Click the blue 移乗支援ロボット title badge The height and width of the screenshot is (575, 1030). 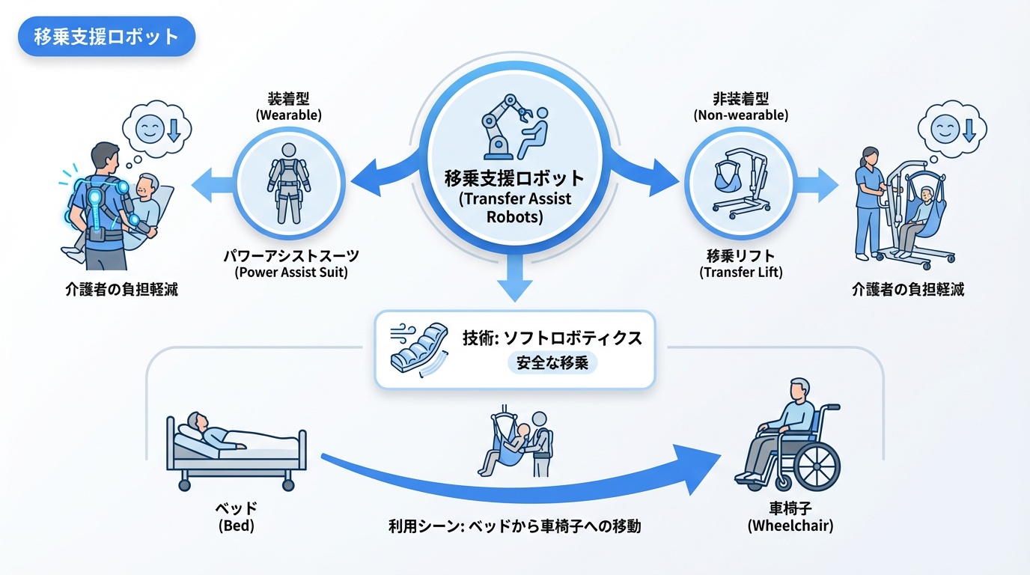(x=106, y=37)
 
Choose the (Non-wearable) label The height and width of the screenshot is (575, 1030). (x=740, y=115)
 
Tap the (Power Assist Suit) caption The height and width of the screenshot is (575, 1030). (x=291, y=273)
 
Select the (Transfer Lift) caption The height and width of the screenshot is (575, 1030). (x=741, y=273)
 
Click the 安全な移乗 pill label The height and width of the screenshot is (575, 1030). (x=552, y=364)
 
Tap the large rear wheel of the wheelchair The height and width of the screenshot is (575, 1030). (x=817, y=465)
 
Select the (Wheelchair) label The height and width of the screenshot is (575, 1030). (x=790, y=526)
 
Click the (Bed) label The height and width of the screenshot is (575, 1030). (x=237, y=526)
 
